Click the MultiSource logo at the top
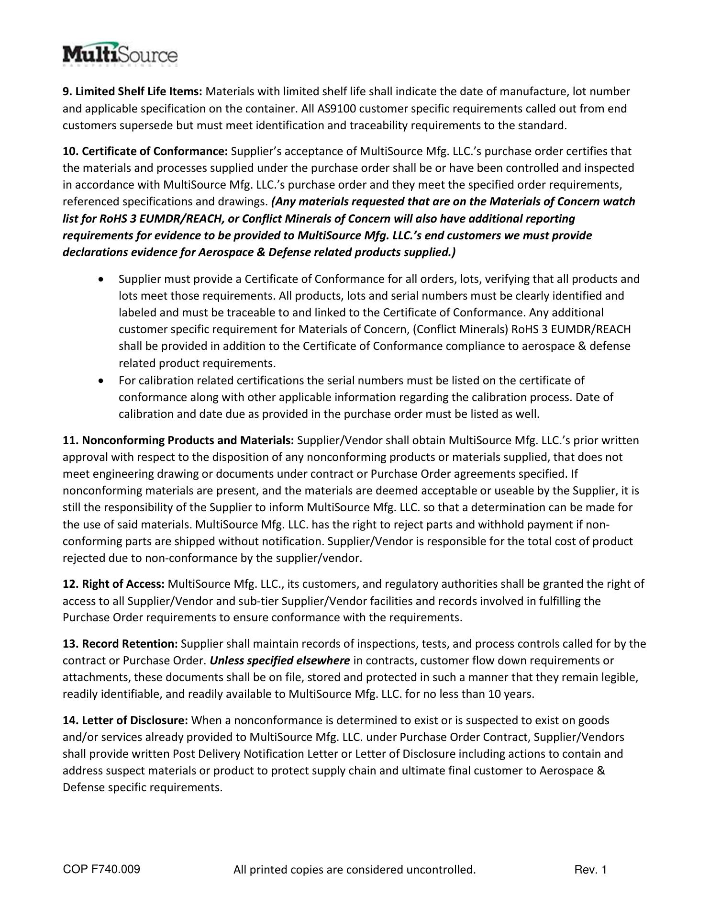pos(120,55)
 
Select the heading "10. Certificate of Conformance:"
pos(145,152)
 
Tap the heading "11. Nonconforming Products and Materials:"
pos(178,440)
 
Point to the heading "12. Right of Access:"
pos(114,584)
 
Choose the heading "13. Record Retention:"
pos(121,644)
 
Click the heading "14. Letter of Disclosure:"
pos(125,720)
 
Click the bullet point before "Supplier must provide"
pos(100,279)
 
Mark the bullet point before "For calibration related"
pos(100,381)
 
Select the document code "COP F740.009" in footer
pos(101,869)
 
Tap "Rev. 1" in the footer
pos(590,870)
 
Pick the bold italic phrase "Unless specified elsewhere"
pos(280,661)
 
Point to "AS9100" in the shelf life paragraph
pos(336,109)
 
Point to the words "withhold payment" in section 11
pos(522,525)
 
